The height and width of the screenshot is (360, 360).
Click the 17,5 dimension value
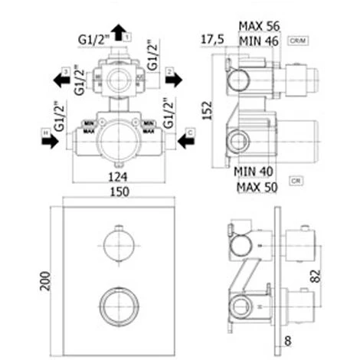(x=211, y=38)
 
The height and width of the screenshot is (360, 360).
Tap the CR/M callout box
(x=298, y=38)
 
